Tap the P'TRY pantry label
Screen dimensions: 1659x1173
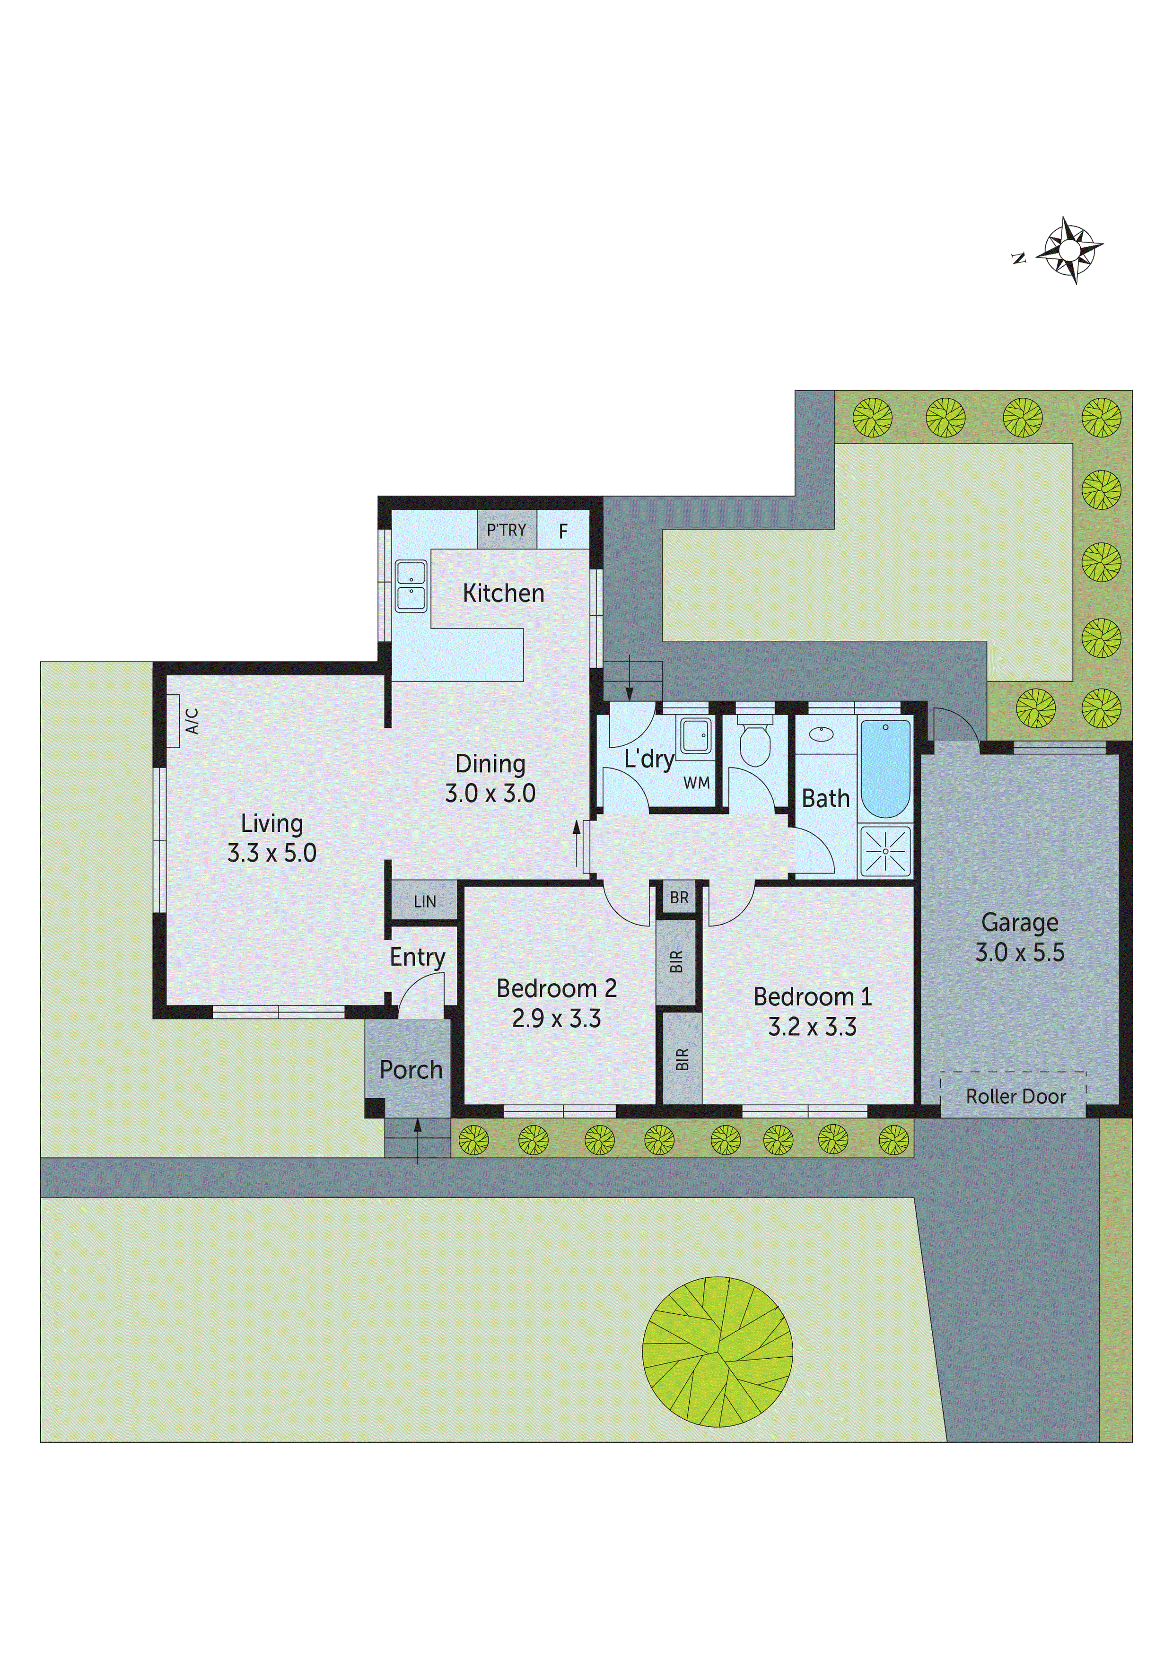506,530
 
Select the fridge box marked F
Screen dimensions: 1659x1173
563,531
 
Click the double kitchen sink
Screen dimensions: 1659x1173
411,585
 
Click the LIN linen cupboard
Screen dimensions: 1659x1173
424,901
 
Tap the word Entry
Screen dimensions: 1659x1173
417,957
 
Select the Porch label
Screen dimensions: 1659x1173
411,1069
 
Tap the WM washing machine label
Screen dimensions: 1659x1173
696,783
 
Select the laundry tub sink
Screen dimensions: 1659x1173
696,735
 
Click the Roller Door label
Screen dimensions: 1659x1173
1015,1096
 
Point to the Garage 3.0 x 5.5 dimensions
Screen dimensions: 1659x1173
1019,952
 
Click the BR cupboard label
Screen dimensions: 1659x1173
679,898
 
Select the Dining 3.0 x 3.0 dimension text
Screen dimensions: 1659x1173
490,794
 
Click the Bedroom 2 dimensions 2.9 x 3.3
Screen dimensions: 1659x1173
556,1018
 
